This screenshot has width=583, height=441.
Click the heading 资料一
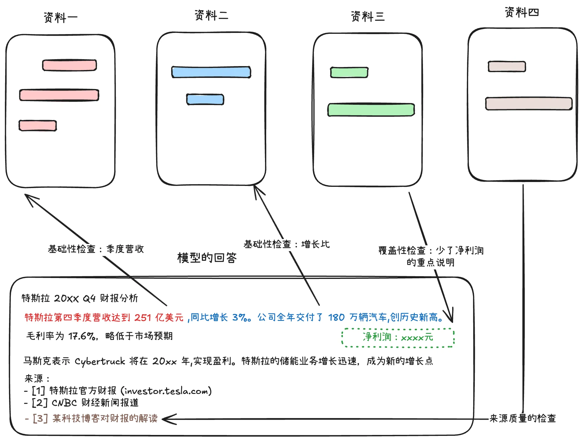(61, 18)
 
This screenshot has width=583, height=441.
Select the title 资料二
(211, 15)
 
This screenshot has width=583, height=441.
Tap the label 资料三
(368, 16)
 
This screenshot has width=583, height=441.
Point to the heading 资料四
(522, 12)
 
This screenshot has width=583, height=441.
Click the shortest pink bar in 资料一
(38, 126)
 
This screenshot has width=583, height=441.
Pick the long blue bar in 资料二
(211, 72)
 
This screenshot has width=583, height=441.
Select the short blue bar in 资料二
(205, 99)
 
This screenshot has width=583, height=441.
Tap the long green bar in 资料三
(371, 110)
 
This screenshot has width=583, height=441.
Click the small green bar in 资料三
(349, 72)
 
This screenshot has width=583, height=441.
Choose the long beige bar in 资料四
(529, 104)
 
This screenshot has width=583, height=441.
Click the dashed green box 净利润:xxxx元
(398, 337)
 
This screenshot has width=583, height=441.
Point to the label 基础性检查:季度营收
(96, 249)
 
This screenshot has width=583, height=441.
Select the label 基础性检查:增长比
(286, 244)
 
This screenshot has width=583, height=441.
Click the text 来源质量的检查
(522, 418)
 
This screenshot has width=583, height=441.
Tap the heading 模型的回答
(207, 258)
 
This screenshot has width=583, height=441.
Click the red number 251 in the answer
(143, 318)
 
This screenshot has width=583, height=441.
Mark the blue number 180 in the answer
(336, 318)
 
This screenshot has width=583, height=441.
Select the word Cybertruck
(100, 361)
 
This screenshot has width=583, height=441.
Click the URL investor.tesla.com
(166, 391)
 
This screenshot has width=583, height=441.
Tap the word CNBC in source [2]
(64, 403)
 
